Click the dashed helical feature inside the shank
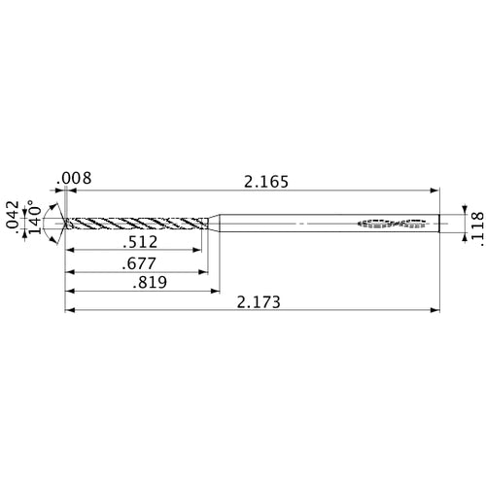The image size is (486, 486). click(x=394, y=223)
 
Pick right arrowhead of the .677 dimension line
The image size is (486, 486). click(x=205, y=270)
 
